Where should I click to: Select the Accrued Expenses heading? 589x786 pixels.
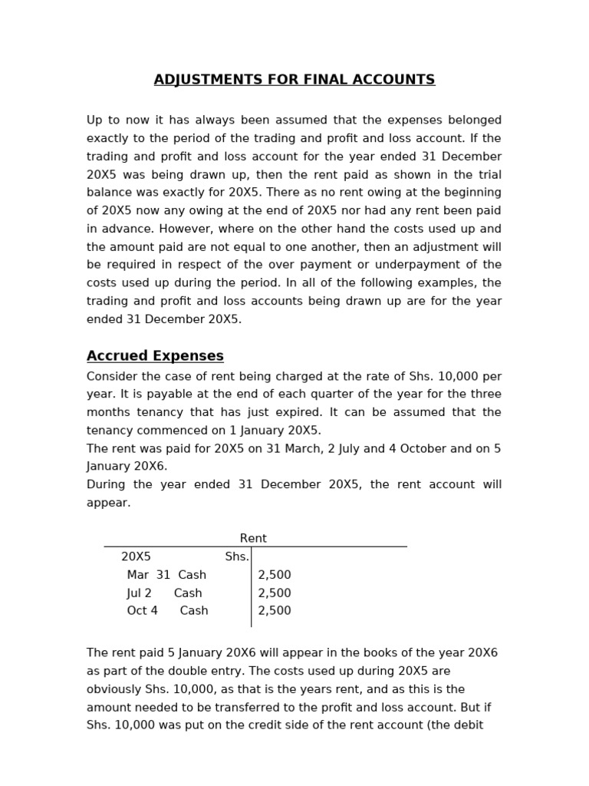point(155,356)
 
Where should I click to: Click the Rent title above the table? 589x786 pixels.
point(253,539)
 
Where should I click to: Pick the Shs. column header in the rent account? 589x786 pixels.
point(237,556)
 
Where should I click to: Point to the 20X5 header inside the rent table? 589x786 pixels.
point(136,556)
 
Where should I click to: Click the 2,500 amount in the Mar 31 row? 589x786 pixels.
point(275,575)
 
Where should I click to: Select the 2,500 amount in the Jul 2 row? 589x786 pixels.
point(275,593)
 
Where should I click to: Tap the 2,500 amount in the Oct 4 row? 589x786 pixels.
point(275,611)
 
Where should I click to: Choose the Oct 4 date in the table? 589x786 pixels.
point(142,611)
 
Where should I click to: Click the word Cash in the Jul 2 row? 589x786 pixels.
point(188,593)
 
